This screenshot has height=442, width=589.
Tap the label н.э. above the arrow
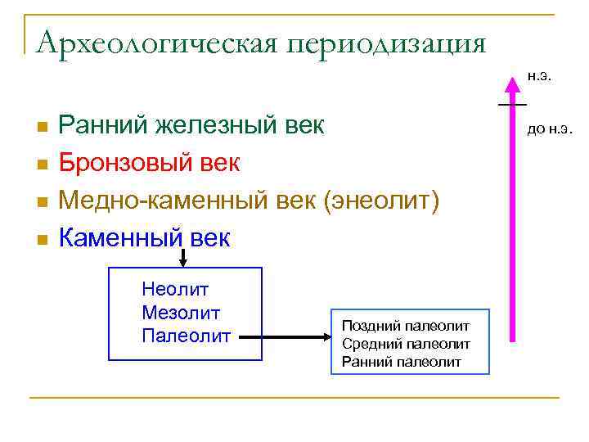click(x=538, y=77)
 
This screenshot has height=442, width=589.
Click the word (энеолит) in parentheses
click(x=383, y=201)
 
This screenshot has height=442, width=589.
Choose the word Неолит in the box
click(x=175, y=289)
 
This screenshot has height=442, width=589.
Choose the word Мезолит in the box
click(x=181, y=312)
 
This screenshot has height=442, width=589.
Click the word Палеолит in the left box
click(x=186, y=335)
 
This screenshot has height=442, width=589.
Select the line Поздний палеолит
click(x=406, y=327)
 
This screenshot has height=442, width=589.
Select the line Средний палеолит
click(x=406, y=344)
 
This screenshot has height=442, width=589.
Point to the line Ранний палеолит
click(x=402, y=361)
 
